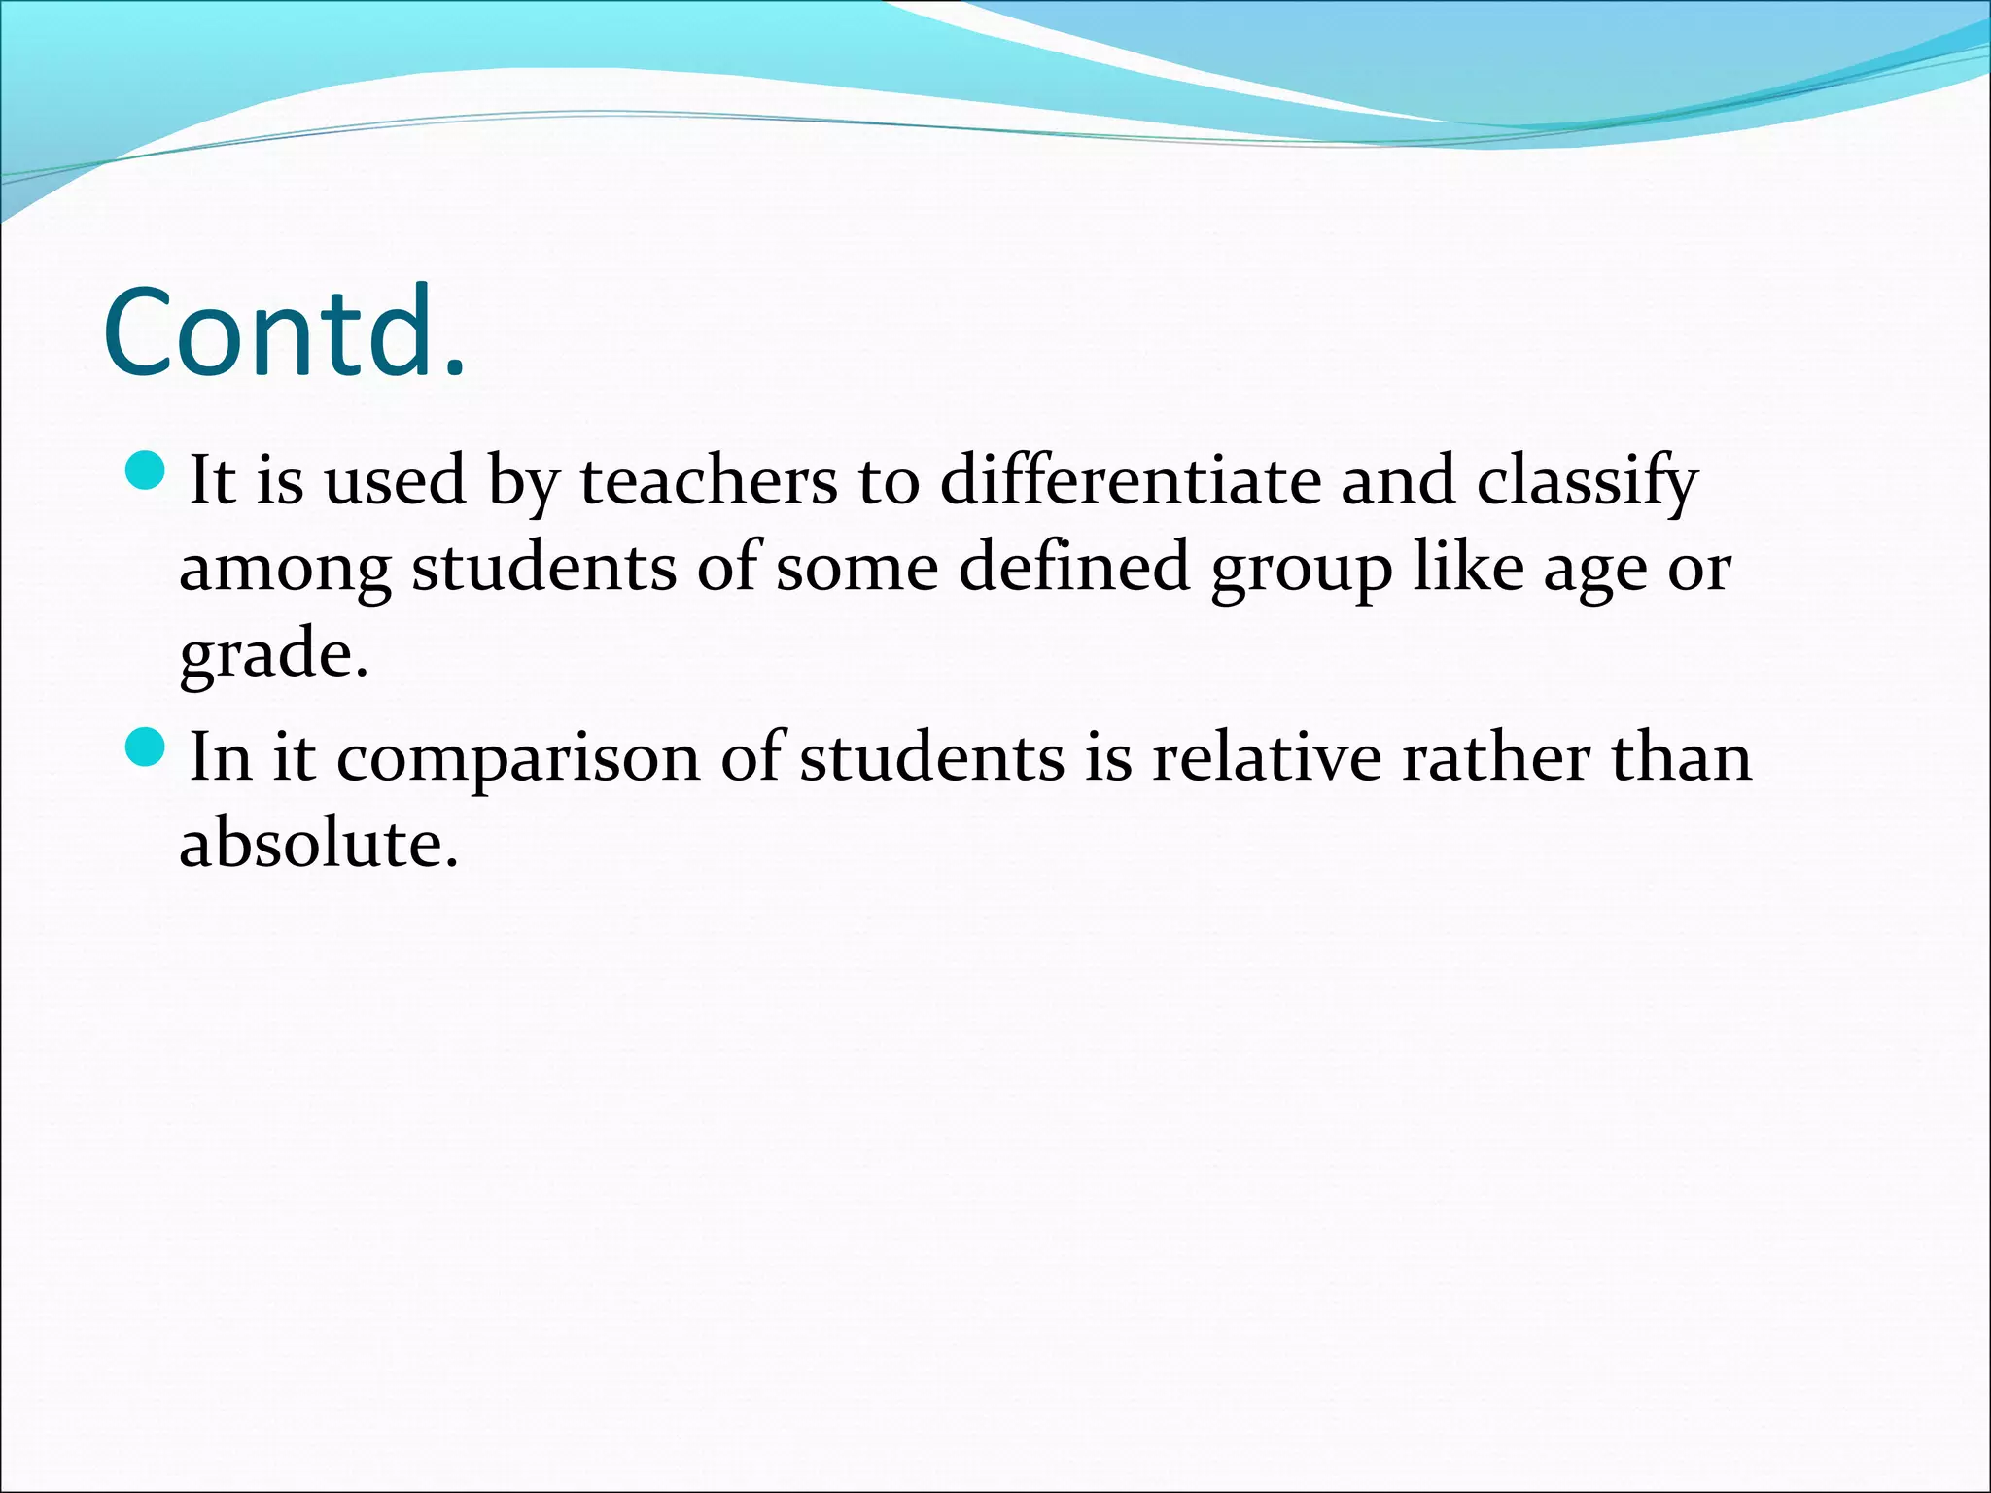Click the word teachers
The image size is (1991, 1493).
coord(709,480)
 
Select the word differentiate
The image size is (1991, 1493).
coord(1129,480)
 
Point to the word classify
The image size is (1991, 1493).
coord(1587,482)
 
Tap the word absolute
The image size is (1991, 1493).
coord(318,842)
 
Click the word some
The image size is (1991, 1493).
coord(856,568)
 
